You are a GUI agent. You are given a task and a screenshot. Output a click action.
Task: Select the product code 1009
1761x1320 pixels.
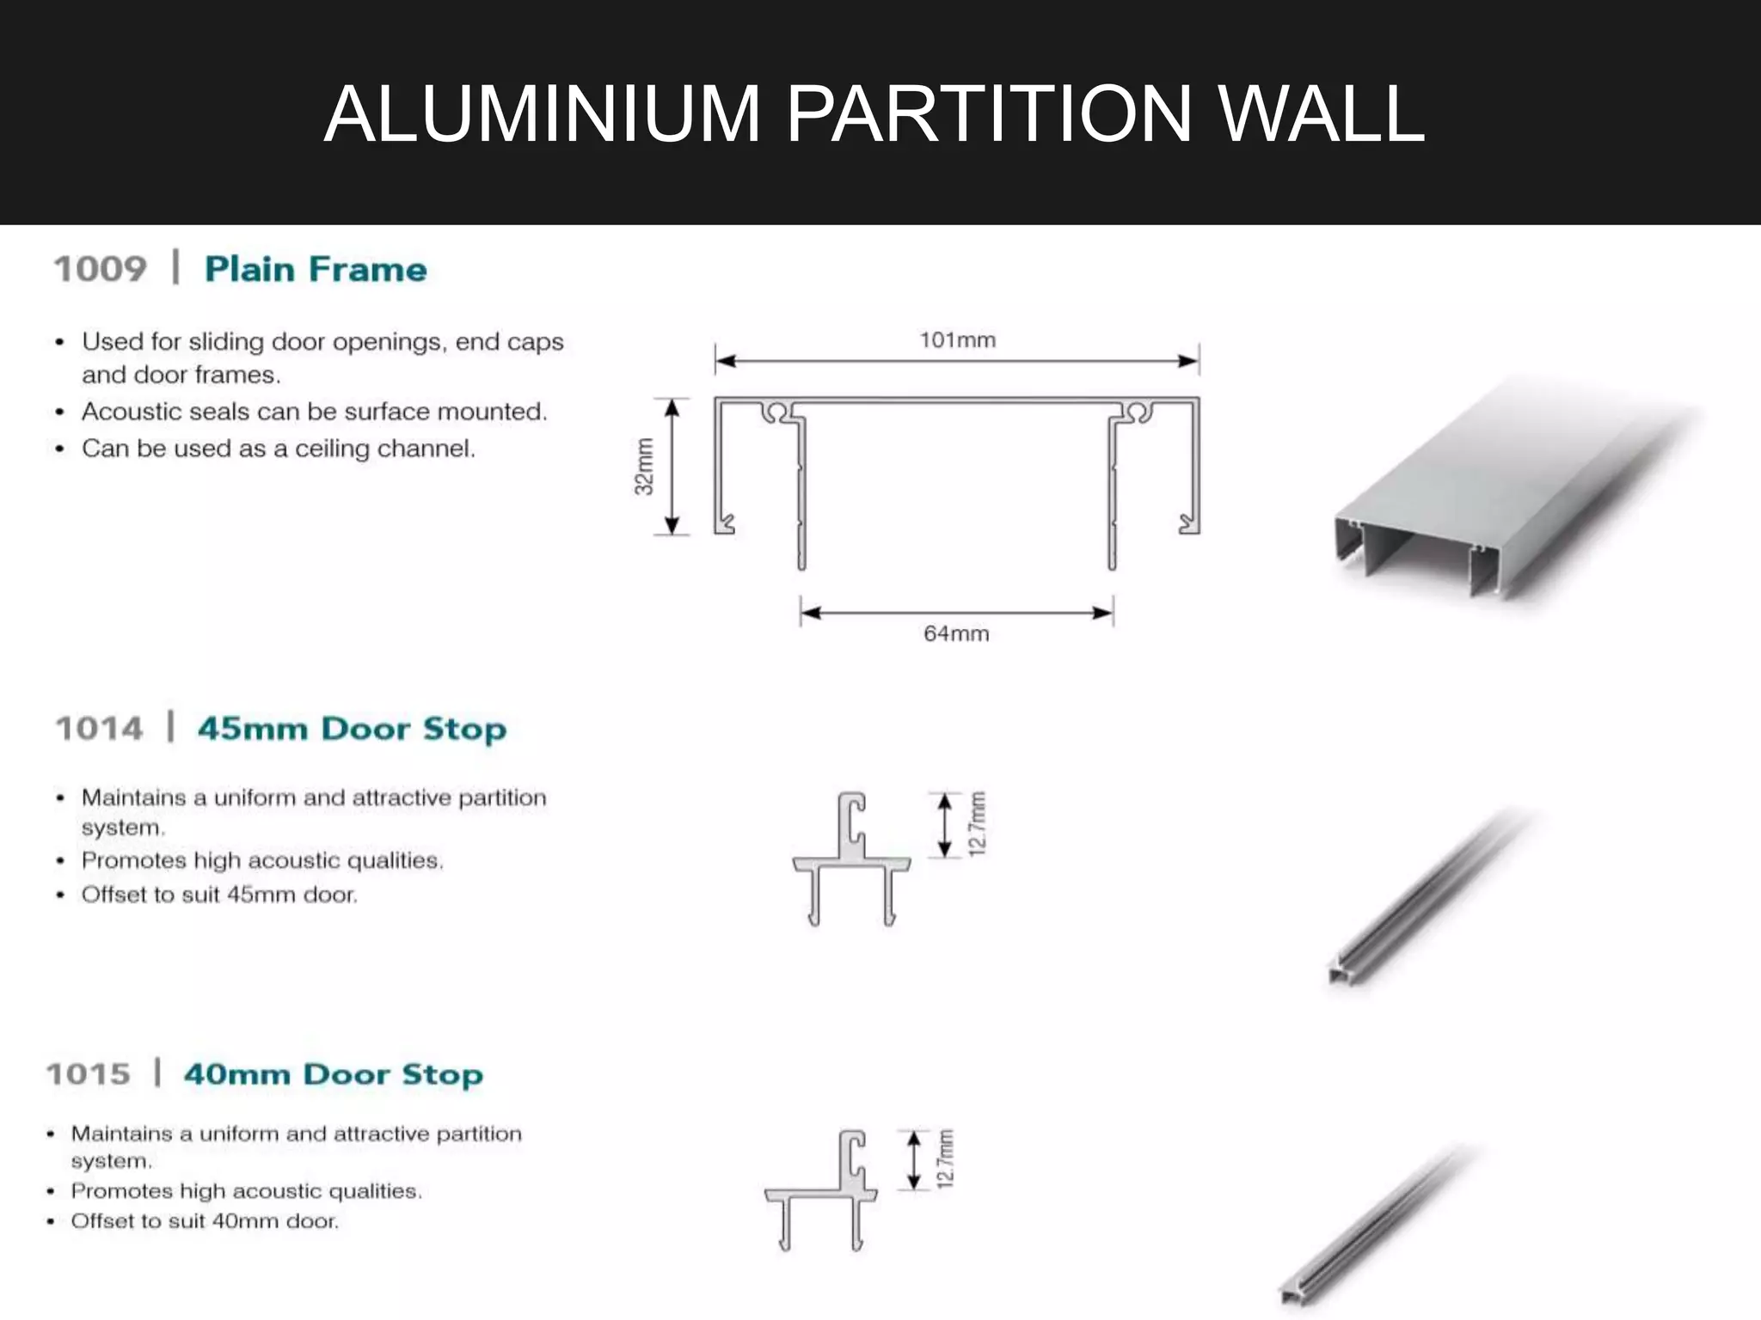pyautogui.click(x=101, y=269)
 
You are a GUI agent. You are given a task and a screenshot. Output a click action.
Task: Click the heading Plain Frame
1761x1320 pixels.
pyautogui.click(x=316, y=269)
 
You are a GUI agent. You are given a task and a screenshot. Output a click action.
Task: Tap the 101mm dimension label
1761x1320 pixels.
pyautogui.click(x=957, y=340)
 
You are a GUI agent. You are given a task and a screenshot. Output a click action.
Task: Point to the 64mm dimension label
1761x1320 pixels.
pyautogui.click(x=956, y=634)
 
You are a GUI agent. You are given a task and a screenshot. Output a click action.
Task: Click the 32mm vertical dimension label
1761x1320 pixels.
pyautogui.click(x=644, y=467)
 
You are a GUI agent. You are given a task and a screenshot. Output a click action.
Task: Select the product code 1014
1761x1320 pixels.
pyautogui.click(x=99, y=729)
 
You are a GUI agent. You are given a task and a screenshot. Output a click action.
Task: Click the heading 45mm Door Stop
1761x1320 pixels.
pyautogui.click(x=352, y=729)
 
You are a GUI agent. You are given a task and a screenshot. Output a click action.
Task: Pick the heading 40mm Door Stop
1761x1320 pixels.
pyautogui.click(x=333, y=1074)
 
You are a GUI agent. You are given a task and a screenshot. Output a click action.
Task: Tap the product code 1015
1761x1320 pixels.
pyautogui.click(x=89, y=1074)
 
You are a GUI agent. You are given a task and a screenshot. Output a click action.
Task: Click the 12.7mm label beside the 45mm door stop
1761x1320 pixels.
pyautogui.click(x=977, y=824)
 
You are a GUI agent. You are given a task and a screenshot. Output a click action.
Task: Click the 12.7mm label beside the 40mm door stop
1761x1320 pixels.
pyautogui.click(x=946, y=1159)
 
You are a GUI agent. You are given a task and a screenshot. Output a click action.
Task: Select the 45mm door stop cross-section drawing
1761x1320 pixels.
pyautogui.click(x=851, y=859)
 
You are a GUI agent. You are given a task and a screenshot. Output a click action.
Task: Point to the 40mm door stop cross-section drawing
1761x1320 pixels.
pyautogui.click(x=821, y=1190)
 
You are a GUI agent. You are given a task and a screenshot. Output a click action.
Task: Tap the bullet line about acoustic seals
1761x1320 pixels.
pyautogui.click(x=314, y=412)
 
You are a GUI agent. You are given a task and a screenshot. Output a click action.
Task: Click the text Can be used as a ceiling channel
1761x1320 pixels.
pyautogui.click(x=278, y=449)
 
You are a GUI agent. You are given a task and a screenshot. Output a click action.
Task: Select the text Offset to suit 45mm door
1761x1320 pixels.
pyautogui.click(x=219, y=895)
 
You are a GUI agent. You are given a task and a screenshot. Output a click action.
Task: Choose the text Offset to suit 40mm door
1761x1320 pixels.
pyautogui.click(x=205, y=1221)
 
